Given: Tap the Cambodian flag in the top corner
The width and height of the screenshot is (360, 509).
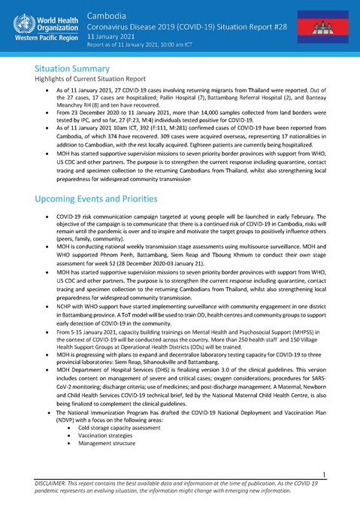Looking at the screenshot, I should coord(328,25).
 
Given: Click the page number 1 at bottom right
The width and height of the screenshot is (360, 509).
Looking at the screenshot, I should coord(341,474).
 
